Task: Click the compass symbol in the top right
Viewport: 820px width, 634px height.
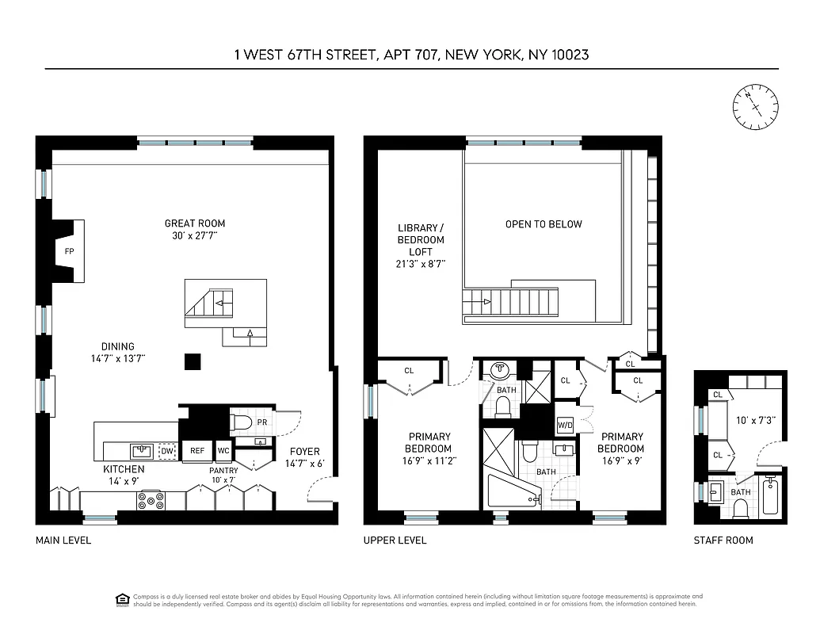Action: pyautogui.click(x=754, y=108)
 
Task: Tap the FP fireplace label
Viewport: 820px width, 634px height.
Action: pyautogui.click(x=70, y=251)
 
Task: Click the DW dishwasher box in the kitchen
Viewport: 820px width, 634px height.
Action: pyautogui.click(x=167, y=451)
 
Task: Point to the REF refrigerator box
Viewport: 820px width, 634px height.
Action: pyautogui.click(x=197, y=451)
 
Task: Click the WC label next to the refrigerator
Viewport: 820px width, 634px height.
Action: pyautogui.click(x=223, y=451)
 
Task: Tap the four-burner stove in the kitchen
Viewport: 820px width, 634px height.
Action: pyautogui.click(x=151, y=500)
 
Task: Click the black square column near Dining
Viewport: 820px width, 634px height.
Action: pyautogui.click(x=192, y=361)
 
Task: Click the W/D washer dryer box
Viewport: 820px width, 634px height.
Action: pyautogui.click(x=566, y=425)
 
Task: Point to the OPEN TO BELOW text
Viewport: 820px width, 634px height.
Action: pyautogui.click(x=543, y=224)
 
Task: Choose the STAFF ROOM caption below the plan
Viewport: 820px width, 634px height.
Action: pyautogui.click(x=723, y=540)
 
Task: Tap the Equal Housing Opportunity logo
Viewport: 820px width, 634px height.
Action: pyautogui.click(x=123, y=599)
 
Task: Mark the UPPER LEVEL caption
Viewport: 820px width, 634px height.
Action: pyautogui.click(x=395, y=540)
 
